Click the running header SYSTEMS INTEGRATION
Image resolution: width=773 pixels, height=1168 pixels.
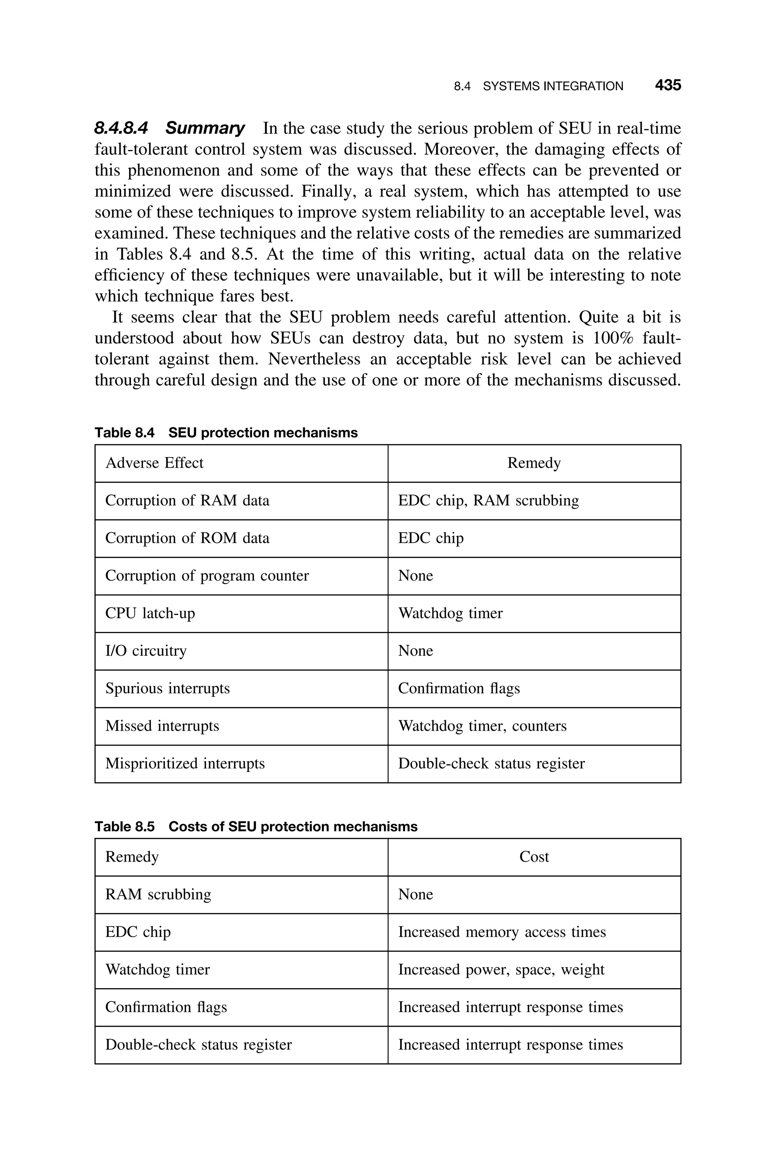[x=553, y=87]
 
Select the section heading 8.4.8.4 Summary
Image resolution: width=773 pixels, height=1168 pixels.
[x=169, y=128]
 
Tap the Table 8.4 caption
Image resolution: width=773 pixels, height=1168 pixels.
[x=226, y=433]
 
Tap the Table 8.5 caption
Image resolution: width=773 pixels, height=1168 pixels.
[x=256, y=826]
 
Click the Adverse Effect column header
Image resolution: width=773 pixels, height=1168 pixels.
[x=154, y=463]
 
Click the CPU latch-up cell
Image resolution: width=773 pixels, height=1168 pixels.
[x=150, y=613]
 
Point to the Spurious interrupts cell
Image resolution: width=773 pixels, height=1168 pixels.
[x=168, y=688]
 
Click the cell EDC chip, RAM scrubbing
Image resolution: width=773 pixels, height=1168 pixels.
[x=488, y=500]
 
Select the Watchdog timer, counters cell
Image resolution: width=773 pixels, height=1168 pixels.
[x=482, y=726]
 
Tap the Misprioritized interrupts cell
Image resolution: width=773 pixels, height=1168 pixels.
[x=185, y=763]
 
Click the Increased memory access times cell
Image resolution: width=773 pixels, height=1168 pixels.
[x=502, y=932]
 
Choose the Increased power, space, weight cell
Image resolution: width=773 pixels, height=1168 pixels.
[x=501, y=969]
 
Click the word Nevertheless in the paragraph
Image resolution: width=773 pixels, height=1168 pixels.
[x=314, y=359]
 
